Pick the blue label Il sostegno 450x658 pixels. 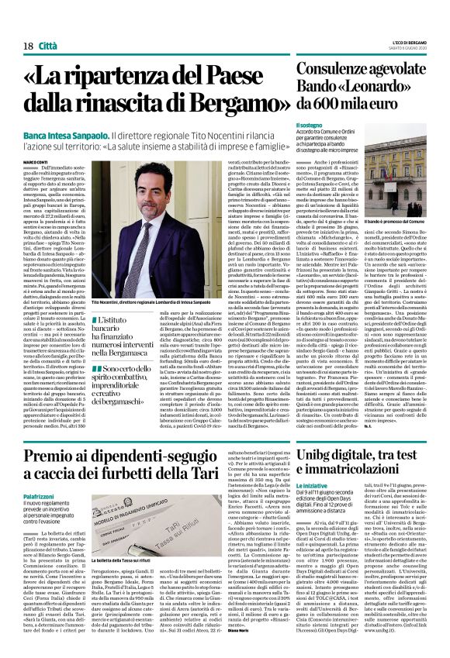pyautogui.click(x=307, y=126)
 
